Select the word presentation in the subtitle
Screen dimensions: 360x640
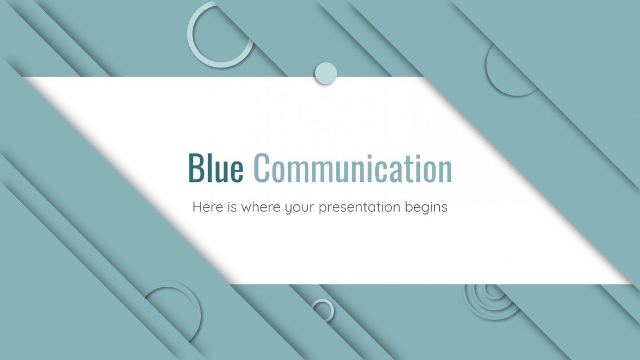coord(360,208)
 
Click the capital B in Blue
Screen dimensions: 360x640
coord(196,168)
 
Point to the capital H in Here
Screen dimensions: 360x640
coord(197,207)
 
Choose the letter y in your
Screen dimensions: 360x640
coord(289,209)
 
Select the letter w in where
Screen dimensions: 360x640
coord(246,208)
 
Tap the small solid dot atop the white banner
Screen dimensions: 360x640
coord(325,73)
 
